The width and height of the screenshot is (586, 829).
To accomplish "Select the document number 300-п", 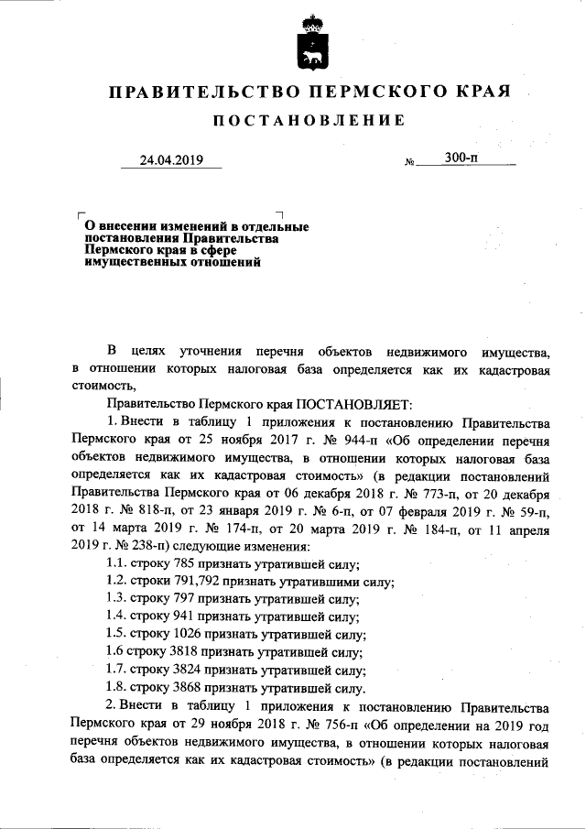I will point(461,158).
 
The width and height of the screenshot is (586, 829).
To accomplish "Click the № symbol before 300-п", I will point(409,163).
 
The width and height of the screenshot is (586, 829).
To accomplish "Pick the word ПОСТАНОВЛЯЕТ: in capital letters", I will point(355,404).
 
